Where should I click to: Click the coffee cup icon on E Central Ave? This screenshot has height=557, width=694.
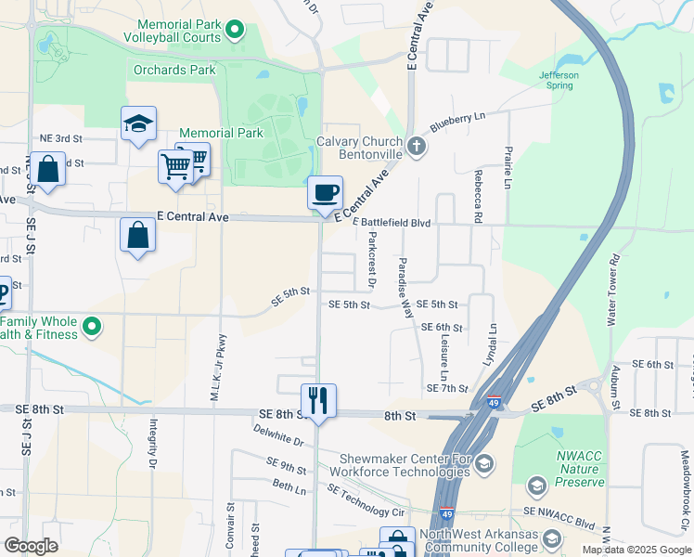click(x=325, y=193)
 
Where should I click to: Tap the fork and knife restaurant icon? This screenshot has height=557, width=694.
click(x=318, y=401)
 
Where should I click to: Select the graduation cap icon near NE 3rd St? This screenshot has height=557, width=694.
click(x=138, y=123)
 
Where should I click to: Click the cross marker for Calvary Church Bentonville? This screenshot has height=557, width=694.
click(x=418, y=146)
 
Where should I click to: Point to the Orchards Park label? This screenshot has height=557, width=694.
click(x=173, y=70)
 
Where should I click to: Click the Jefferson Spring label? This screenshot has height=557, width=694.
click(x=560, y=80)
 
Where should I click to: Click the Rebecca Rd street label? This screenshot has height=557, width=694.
click(x=479, y=196)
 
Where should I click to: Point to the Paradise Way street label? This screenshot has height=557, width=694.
click(x=405, y=288)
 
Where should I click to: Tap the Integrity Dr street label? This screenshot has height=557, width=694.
click(x=152, y=444)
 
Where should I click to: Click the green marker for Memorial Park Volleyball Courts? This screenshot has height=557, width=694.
click(x=235, y=31)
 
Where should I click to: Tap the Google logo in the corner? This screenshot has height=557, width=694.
click(x=31, y=546)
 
